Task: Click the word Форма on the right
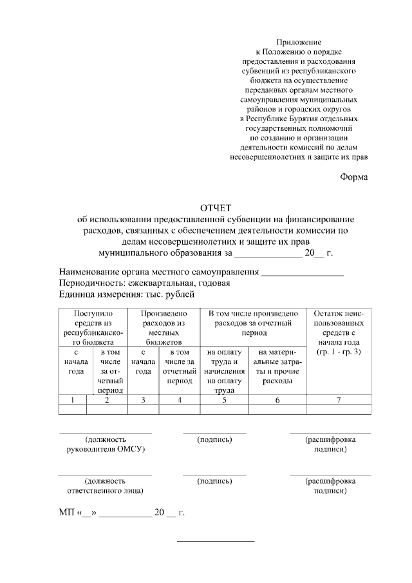[354, 177]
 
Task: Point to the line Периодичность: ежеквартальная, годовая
[144, 283]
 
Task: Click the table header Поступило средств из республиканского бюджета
[93, 327]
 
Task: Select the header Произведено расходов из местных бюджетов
[164, 327]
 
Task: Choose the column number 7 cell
[339, 400]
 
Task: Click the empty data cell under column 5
[224, 409]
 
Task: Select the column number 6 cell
[277, 400]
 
